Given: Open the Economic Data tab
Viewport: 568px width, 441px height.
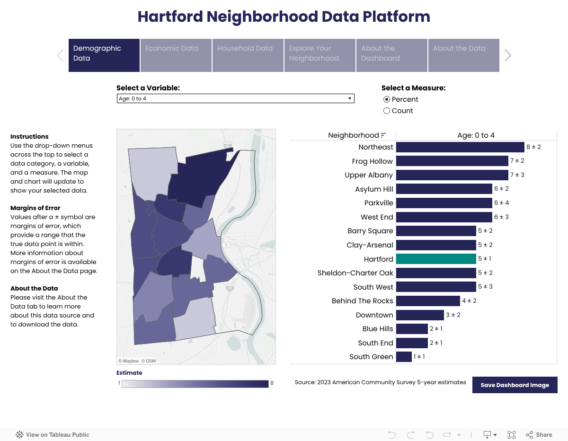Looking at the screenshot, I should tap(176, 55).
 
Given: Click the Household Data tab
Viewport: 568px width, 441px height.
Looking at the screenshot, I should tap(248, 55).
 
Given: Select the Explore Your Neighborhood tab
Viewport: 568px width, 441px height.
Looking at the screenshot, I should tap(320, 55).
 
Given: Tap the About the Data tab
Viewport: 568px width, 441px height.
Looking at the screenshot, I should tap(463, 55).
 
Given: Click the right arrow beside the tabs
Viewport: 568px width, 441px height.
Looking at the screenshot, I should tap(508, 55).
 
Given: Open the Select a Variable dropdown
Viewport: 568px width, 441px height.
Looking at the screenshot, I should tap(235, 98).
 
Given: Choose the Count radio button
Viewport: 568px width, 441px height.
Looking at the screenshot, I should tap(387, 111).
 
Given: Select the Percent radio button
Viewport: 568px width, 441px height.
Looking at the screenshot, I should tap(387, 99).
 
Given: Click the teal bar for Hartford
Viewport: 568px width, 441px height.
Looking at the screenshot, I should tap(435, 259).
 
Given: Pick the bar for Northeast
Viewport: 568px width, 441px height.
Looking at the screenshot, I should tap(460, 147).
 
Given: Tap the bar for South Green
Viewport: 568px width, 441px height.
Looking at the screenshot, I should tap(404, 357).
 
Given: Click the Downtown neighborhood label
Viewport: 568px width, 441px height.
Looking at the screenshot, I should tap(374, 315).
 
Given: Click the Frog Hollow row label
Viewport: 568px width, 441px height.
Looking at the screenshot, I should tap(372, 161).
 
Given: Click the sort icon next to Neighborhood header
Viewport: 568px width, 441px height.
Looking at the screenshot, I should tap(383, 135).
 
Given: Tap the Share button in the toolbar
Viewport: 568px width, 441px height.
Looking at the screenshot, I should tap(539, 435).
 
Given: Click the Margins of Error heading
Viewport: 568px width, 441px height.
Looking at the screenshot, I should tap(35, 208).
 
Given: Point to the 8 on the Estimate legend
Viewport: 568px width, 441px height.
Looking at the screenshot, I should tap(272, 383).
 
